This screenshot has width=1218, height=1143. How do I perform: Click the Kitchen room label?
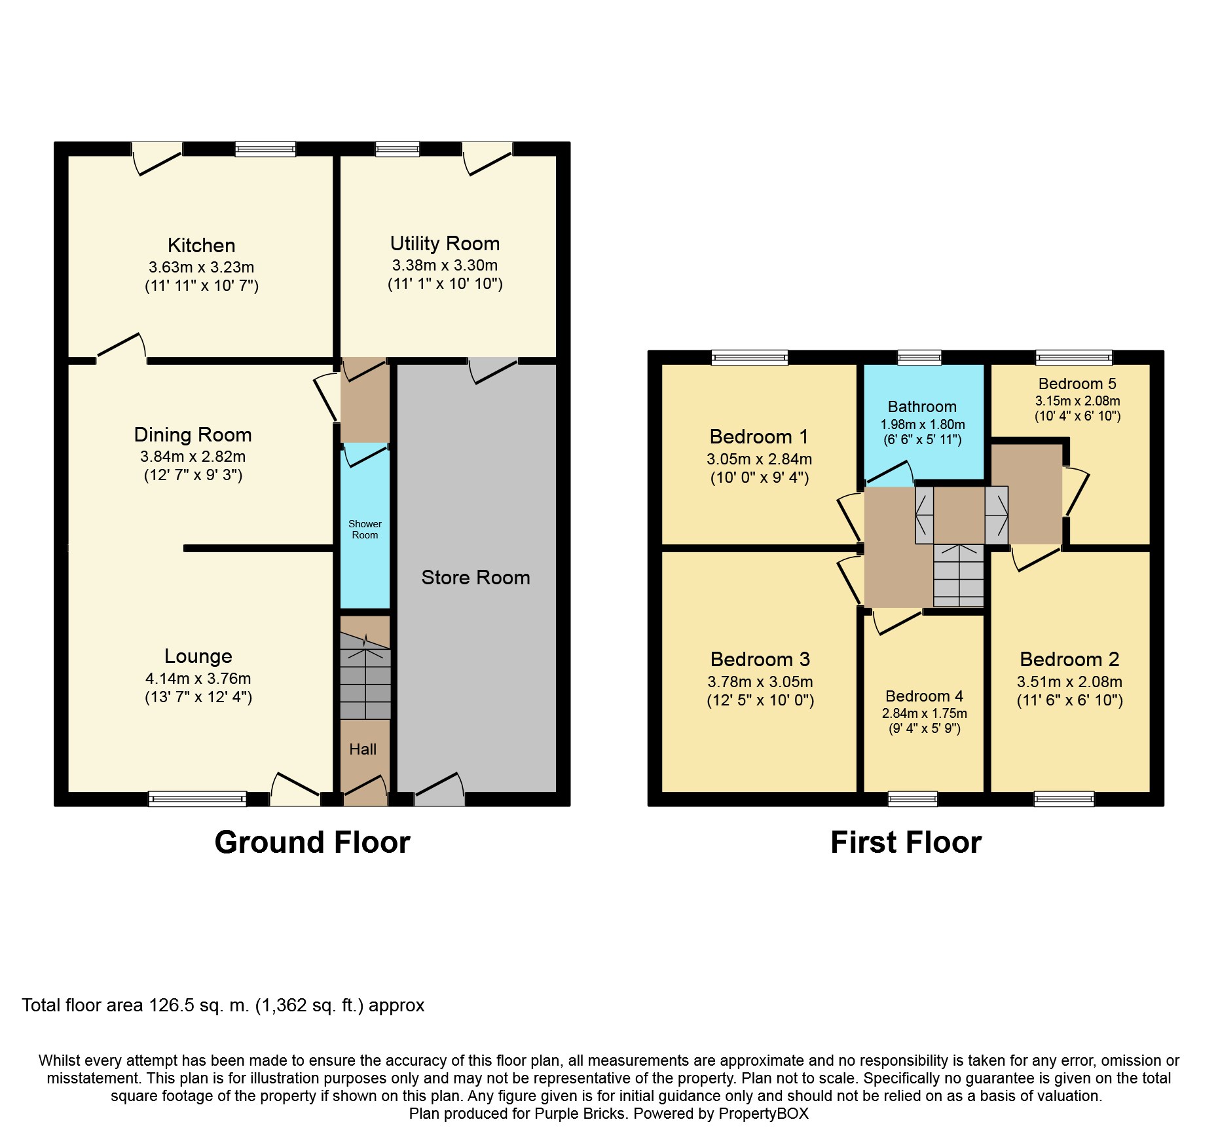click(x=201, y=246)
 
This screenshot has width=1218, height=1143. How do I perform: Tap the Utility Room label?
click(x=445, y=244)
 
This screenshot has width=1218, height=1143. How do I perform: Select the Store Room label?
click(x=475, y=577)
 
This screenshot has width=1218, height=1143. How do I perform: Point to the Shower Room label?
click(x=365, y=529)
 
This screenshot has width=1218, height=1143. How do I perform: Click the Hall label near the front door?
click(x=363, y=749)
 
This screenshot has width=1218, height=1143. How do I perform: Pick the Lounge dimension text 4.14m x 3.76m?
click(x=198, y=679)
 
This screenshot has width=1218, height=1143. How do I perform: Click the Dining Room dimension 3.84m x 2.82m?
click(x=193, y=457)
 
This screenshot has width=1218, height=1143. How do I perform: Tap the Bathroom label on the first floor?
click(x=922, y=407)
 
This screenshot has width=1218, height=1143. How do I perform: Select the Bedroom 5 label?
click(x=1077, y=384)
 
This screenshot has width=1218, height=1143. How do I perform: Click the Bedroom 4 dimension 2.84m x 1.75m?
click(x=924, y=713)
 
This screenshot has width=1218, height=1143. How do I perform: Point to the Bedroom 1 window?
click(x=750, y=357)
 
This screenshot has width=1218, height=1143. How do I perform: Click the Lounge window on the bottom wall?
click(x=198, y=798)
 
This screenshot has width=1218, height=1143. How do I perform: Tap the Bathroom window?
click(x=919, y=357)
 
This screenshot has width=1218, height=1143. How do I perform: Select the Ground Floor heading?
click(x=312, y=842)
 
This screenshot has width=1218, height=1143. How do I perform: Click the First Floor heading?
click(x=906, y=842)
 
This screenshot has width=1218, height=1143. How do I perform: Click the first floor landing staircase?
click(x=959, y=575)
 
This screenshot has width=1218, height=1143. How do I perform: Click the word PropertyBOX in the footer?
click(x=764, y=1114)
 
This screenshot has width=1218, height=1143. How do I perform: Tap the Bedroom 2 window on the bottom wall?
click(x=1064, y=798)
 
